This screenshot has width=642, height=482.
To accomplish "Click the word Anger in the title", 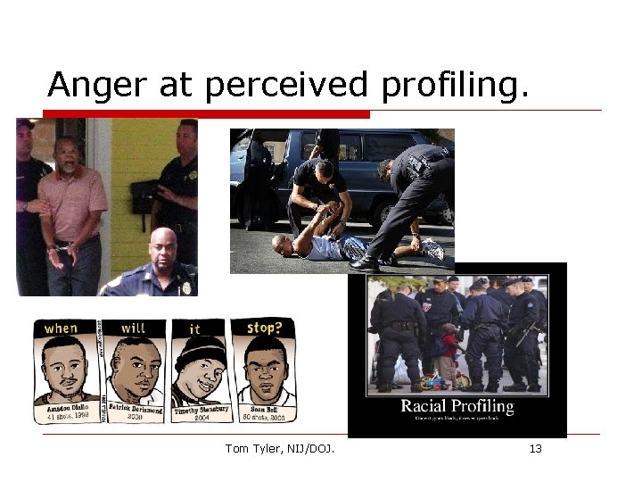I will [85, 86].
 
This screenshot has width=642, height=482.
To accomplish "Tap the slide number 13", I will [535, 448].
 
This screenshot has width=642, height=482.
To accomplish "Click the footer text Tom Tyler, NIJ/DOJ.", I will [280, 448].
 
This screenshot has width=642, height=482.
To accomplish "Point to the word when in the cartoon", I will [61, 328].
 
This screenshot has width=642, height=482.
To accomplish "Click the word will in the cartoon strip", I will [132, 328].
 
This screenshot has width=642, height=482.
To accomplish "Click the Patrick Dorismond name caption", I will [134, 410].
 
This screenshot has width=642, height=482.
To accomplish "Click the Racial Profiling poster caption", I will [457, 407].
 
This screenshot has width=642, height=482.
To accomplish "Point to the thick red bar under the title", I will [206, 114].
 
